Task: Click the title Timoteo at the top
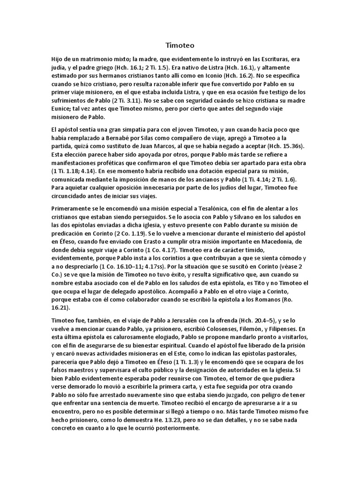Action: coord(180,45)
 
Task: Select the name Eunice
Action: coord(63,108)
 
